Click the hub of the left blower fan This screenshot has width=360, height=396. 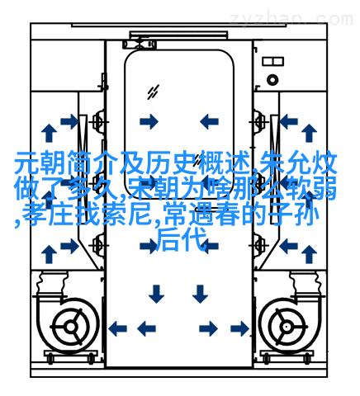point(71,327)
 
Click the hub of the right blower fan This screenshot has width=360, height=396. point(287,327)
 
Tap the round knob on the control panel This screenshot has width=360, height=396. point(272,80)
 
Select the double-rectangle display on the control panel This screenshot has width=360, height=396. point(272,61)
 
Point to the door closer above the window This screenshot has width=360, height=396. point(140,45)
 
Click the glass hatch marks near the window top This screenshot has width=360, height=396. point(153,92)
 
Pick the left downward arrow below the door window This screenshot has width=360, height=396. point(156,294)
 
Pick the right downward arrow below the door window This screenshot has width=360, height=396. point(200,294)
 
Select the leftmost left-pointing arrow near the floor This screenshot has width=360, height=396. point(117,328)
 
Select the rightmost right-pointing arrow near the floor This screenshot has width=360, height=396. point(239,328)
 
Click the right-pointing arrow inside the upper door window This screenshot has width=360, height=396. point(149,121)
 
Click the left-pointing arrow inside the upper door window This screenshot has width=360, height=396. point(209,121)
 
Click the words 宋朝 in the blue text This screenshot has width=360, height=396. point(154,190)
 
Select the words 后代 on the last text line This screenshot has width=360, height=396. point(182,240)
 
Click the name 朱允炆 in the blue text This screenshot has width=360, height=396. point(299,163)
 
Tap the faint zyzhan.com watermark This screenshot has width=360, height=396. point(291,19)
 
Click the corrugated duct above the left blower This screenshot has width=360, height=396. point(52,283)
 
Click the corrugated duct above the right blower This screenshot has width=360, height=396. point(306,283)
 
